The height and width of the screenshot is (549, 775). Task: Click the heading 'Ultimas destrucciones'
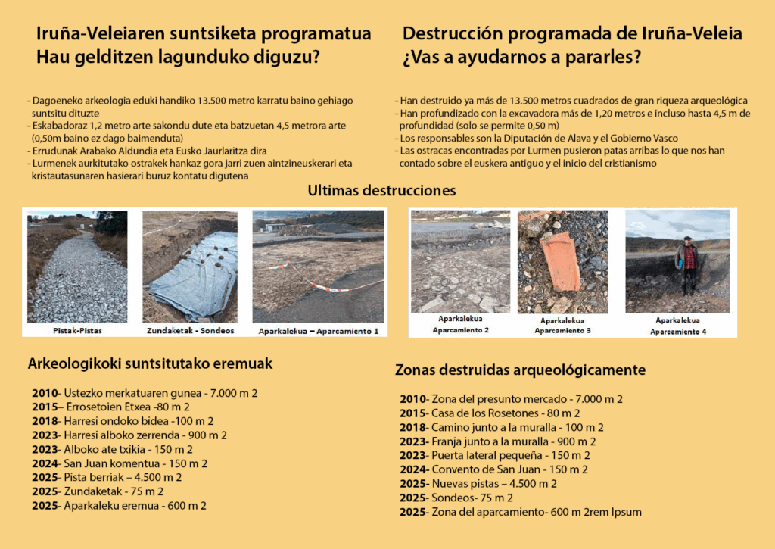pos(381,191)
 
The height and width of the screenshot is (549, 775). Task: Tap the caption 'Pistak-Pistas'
pos(78,331)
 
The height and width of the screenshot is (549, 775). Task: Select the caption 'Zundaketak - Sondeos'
pos(190,331)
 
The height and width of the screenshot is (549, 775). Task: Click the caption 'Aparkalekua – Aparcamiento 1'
pos(318,331)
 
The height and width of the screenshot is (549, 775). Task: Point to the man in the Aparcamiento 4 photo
pos(687,264)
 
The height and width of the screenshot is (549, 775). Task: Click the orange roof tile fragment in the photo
pos(560,260)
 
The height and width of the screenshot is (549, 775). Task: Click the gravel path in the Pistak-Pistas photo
pos(76,280)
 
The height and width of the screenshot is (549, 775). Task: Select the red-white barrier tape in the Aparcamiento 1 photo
pos(333,286)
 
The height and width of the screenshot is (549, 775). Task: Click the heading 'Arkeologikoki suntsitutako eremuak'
pos(150,363)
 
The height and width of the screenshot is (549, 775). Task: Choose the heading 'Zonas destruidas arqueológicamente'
pos(520,370)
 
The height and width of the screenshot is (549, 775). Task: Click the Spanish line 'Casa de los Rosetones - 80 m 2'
pos(490,413)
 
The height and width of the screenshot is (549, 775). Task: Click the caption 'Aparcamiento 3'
pos(561,331)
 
